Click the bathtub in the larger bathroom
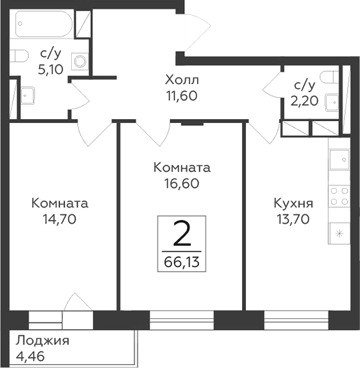coord(42,24)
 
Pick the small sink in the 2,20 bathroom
coord(333,101)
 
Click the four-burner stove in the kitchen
coord(339,196)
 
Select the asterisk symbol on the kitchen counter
coord(339,233)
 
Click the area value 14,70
coord(60,218)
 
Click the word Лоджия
coord(42,340)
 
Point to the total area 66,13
coord(182,262)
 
